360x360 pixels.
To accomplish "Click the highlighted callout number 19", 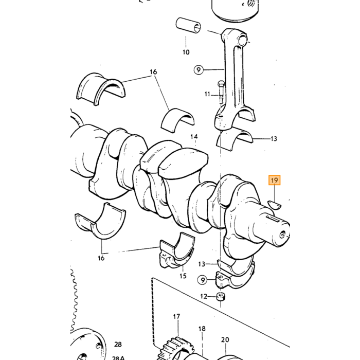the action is [274, 180].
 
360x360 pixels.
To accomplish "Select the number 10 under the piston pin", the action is [186, 52].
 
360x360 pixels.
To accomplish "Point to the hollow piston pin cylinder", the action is [188, 26].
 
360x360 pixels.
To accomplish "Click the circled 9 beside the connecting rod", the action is [199, 69].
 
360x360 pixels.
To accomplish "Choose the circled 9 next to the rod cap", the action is [203, 280].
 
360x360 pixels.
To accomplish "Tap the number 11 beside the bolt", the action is [207, 94].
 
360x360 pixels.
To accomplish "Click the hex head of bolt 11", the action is [221, 84].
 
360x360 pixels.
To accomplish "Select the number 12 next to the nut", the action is [204, 296].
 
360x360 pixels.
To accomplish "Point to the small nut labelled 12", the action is [221, 297].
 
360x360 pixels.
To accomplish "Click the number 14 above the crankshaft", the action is [194, 137].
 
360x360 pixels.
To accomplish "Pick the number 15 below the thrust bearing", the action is [183, 276].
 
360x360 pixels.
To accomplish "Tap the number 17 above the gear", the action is [176, 317].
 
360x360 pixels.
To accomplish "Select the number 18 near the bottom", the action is [202, 329].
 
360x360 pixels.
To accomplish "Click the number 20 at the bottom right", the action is [225, 340].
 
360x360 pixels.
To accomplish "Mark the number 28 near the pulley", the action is [118, 345].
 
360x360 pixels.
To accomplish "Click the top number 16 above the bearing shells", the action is [153, 72].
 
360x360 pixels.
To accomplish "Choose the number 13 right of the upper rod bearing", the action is [274, 139].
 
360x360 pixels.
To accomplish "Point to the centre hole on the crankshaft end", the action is [282, 235].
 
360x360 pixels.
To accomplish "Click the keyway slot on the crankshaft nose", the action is [273, 219].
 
